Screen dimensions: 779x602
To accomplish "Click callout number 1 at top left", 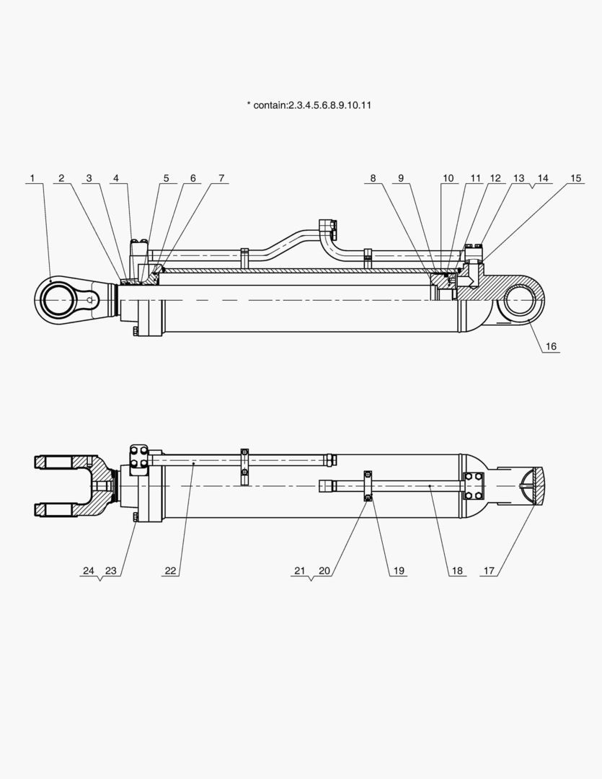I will coord(32,178).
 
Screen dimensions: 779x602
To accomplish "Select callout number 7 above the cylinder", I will coord(221,178).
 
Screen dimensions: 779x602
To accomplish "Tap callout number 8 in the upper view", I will coord(373,178).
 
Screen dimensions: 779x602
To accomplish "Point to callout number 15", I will coord(575,178).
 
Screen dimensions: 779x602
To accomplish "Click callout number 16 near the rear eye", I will coord(551,346).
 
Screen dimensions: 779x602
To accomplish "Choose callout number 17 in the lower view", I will coord(489,571).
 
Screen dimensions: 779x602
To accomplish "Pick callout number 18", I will coord(456,571).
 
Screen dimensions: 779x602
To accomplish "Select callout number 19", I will coord(397,571).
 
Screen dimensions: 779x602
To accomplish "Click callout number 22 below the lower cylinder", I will coord(170,571).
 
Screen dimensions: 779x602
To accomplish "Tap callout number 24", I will coord(89,571).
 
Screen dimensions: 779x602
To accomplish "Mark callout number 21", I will coord(300,571).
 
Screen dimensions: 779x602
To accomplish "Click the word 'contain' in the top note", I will coord(270,105).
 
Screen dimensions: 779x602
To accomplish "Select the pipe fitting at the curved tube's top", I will coord(328,227).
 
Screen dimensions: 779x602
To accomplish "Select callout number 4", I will coord(115,178).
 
